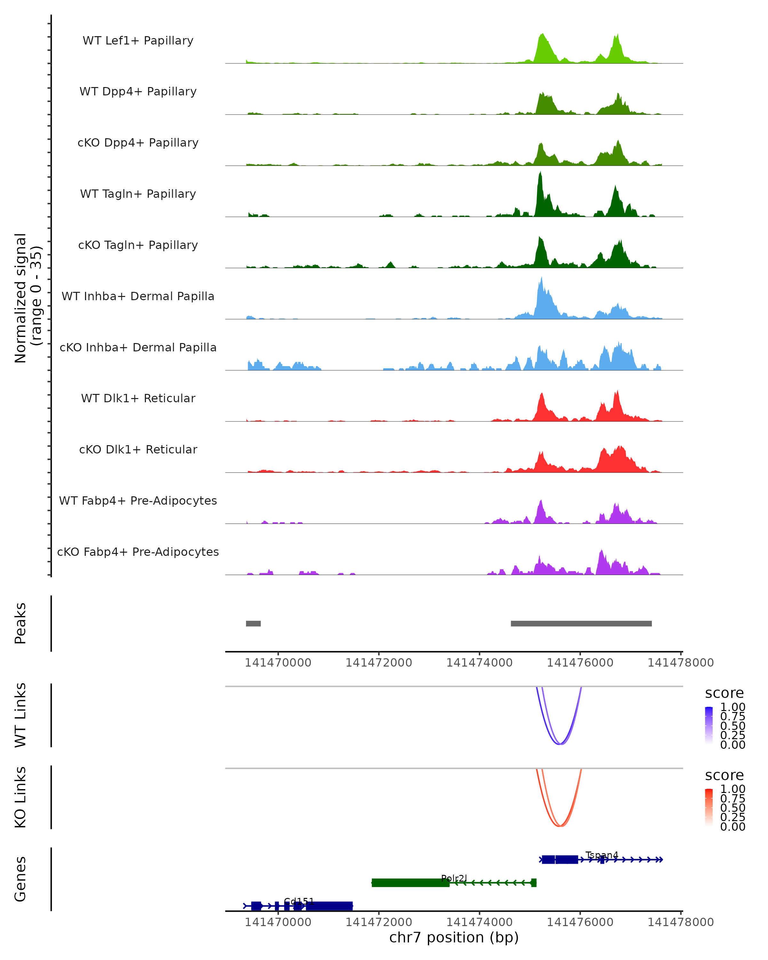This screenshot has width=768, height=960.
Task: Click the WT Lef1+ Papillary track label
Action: coord(138,41)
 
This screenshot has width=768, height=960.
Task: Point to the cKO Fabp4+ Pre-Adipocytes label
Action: coord(138,552)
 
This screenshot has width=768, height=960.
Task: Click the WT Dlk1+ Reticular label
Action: coord(138,398)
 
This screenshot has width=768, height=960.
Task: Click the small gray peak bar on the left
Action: coord(253,623)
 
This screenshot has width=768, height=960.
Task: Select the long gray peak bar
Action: coord(581,623)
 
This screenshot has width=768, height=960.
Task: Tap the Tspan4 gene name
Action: coord(602,855)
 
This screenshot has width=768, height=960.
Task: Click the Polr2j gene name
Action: coord(454,878)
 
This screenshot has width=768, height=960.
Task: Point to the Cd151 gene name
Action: coord(299,901)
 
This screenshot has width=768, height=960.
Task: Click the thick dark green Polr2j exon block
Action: coord(410,883)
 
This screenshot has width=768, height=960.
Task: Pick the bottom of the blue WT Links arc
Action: coord(560,744)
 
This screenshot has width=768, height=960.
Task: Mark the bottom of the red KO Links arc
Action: coord(560,826)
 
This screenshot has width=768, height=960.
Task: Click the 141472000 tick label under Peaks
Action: coord(379,663)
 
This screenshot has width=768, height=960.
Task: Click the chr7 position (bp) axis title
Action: coord(454,937)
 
